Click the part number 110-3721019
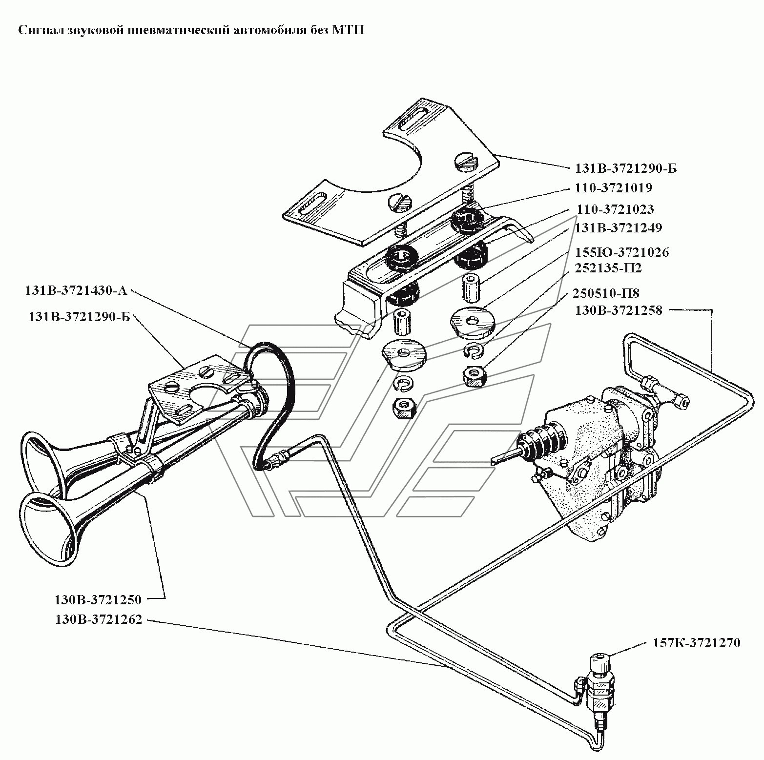click(x=614, y=188)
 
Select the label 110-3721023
click(x=615, y=209)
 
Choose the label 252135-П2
click(x=608, y=268)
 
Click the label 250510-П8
click(x=606, y=293)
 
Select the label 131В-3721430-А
click(x=76, y=291)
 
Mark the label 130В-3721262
click(x=98, y=620)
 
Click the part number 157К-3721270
click(x=696, y=643)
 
